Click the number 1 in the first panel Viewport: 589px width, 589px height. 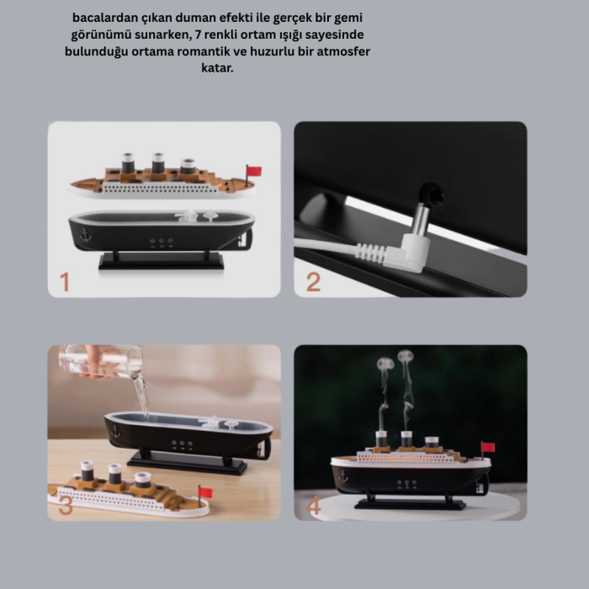click(x=64, y=282)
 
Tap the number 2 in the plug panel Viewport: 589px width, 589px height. click(x=313, y=282)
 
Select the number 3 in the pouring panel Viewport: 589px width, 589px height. click(x=66, y=505)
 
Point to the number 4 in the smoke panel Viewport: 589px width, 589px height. click(x=314, y=507)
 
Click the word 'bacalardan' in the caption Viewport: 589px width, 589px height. click(x=106, y=17)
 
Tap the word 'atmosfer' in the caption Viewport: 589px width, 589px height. click(x=341, y=51)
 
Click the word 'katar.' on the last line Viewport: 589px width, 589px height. click(x=217, y=68)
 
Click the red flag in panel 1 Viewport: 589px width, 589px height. click(x=253, y=172)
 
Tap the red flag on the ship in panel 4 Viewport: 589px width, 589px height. click(x=487, y=448)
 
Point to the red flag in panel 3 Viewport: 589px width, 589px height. click(x=204, y=492)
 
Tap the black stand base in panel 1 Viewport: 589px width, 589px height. click(x=161, y=262)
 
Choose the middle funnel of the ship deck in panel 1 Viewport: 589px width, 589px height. click(x=157, y=163)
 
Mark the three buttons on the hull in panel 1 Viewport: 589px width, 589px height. click(x=161, y=241)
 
